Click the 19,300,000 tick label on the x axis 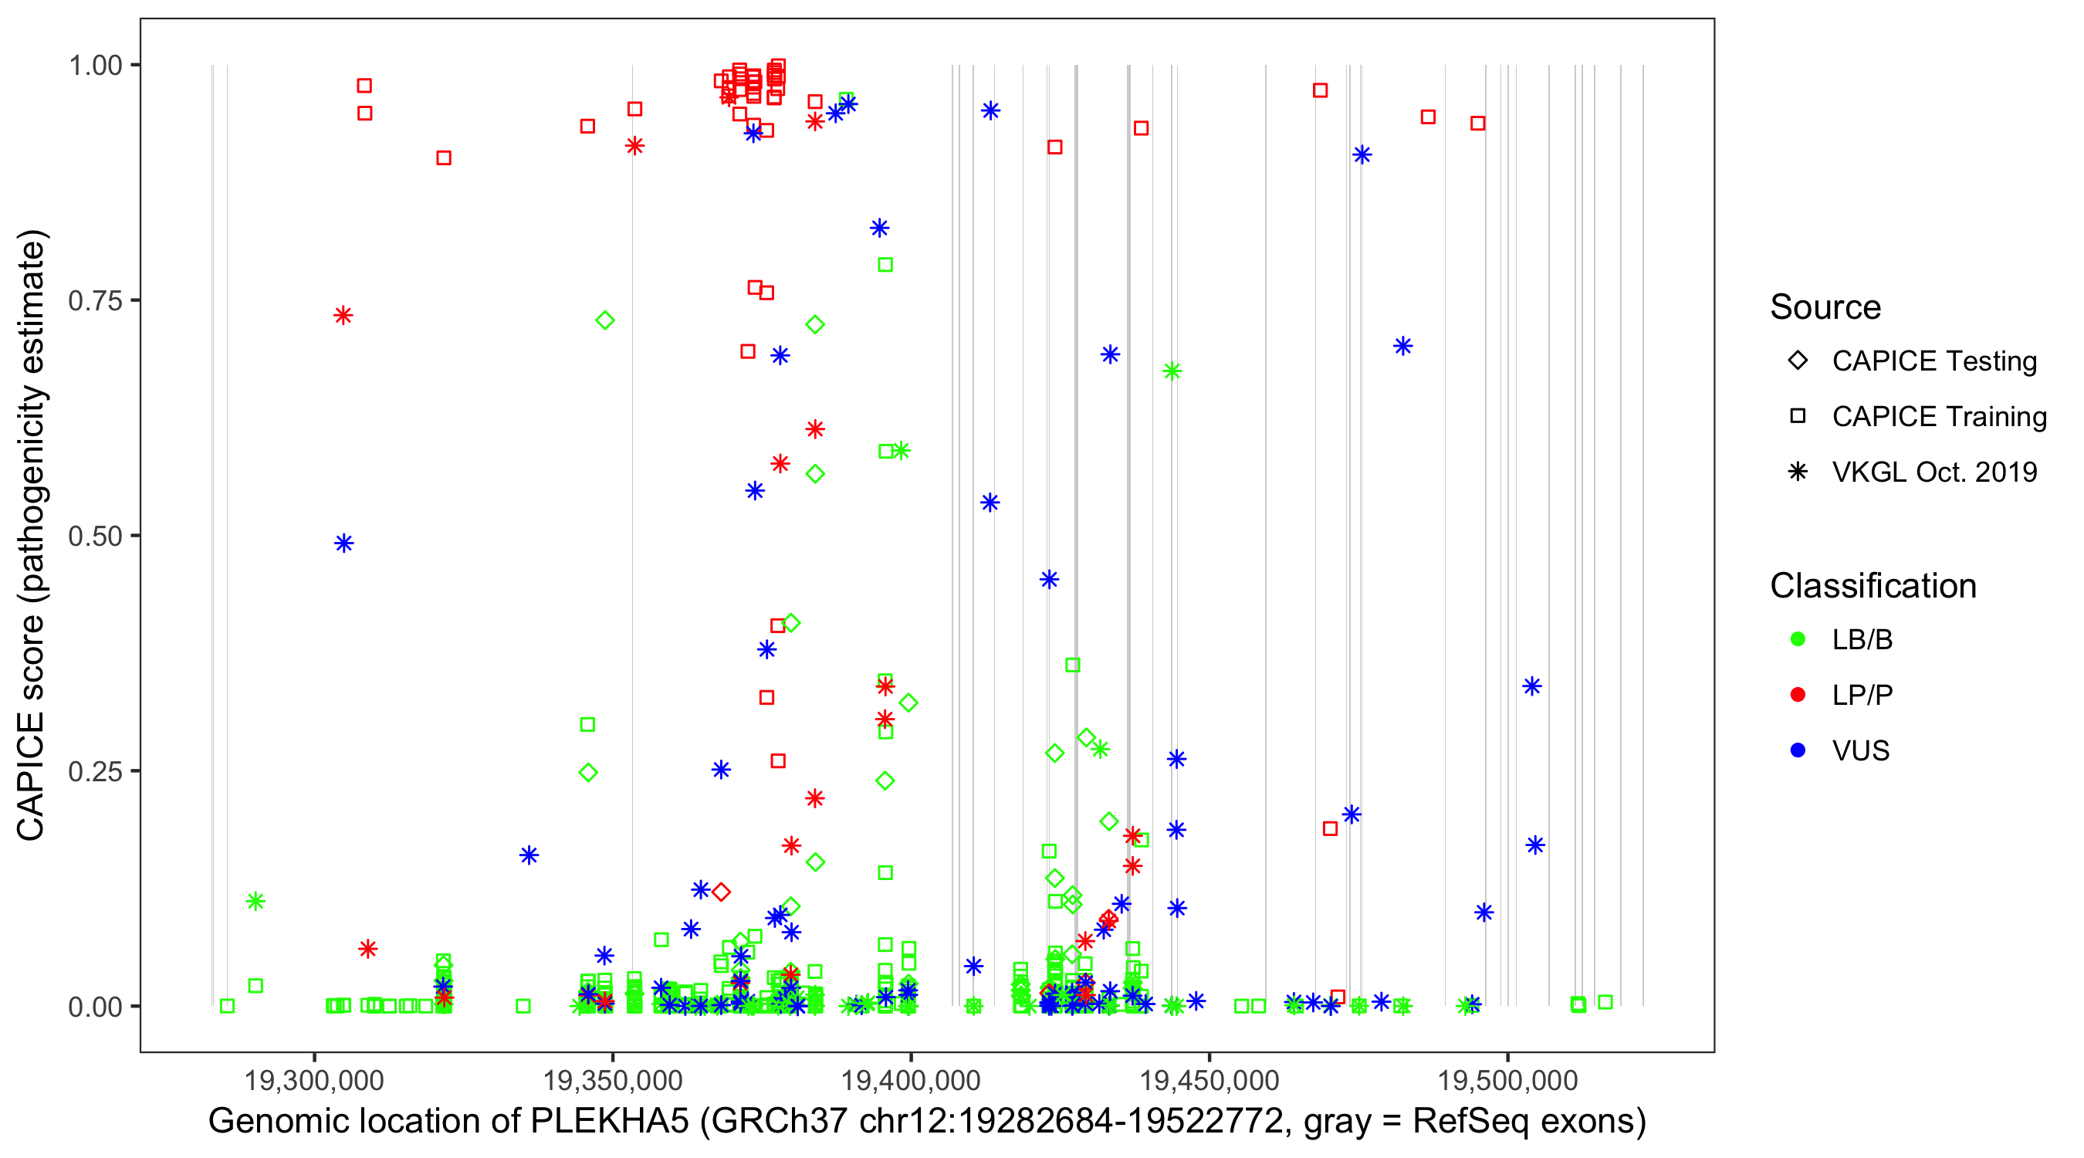point(314,1080)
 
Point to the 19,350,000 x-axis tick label point(612,1080)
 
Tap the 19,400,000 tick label point(911,1080)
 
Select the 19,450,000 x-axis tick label point(1209,1080)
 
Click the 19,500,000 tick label point(1508,1080)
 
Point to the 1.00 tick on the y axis point(95,66)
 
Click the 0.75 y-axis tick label point(95,301)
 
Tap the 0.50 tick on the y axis point(95,537)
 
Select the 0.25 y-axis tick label point(95,771)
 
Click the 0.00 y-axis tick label point(95,1007)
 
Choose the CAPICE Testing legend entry point(1933,361)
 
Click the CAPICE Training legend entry point(1938,417)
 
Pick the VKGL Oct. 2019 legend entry point(1933,472)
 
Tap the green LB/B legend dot point(1798,639)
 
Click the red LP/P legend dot point(1798,695)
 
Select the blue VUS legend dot point(1798,751)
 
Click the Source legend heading point(1825,307)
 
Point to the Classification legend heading point(1873,586)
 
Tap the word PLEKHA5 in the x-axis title point(608,1122)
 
